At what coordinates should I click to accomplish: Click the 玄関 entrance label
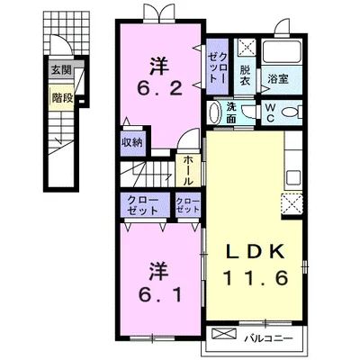(61, 70)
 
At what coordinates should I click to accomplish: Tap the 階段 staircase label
(62, 97)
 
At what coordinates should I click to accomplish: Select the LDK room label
(255, 252)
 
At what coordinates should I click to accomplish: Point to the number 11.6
(256, 278)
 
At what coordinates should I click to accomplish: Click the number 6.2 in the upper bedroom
(159, 88)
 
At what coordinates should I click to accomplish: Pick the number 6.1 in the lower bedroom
(160, 295)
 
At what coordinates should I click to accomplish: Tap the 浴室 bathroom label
(278, 79)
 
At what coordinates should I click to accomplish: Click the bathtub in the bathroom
(281, 51)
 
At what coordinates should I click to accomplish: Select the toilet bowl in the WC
(292, 112)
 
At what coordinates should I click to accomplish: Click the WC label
(270, 112)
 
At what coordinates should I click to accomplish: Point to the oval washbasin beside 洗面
(213, 112)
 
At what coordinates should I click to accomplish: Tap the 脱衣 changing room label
(245, 76)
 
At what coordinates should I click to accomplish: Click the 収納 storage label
(132, 143)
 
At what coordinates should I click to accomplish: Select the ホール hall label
(188, 170)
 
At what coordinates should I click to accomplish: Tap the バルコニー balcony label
(268, 339)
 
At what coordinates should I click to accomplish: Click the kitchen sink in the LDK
(292, 177)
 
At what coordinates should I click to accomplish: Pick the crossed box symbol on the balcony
(224, 333)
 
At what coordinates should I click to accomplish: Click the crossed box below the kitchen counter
(292, 203)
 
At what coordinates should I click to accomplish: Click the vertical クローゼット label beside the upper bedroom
(218, 67)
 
